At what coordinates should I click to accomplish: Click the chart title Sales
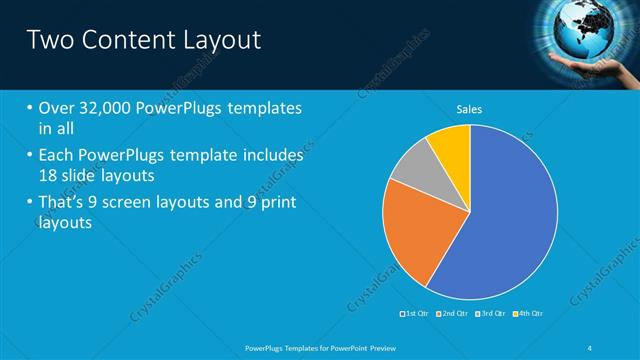coord(470,108)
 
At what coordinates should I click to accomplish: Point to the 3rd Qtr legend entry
coord(491,314)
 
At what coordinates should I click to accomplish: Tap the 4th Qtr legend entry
coord(529,314)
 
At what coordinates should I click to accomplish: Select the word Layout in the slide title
coord(222,40)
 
